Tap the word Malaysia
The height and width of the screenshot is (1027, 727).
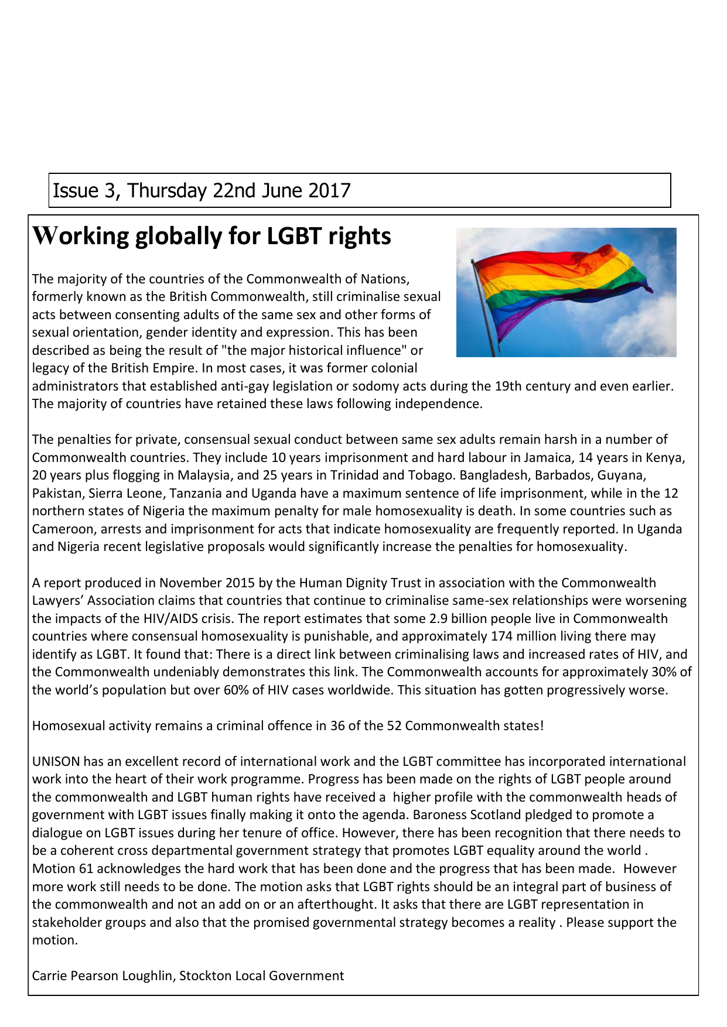coord(203,475)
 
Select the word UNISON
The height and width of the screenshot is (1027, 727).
coord(56,761)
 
